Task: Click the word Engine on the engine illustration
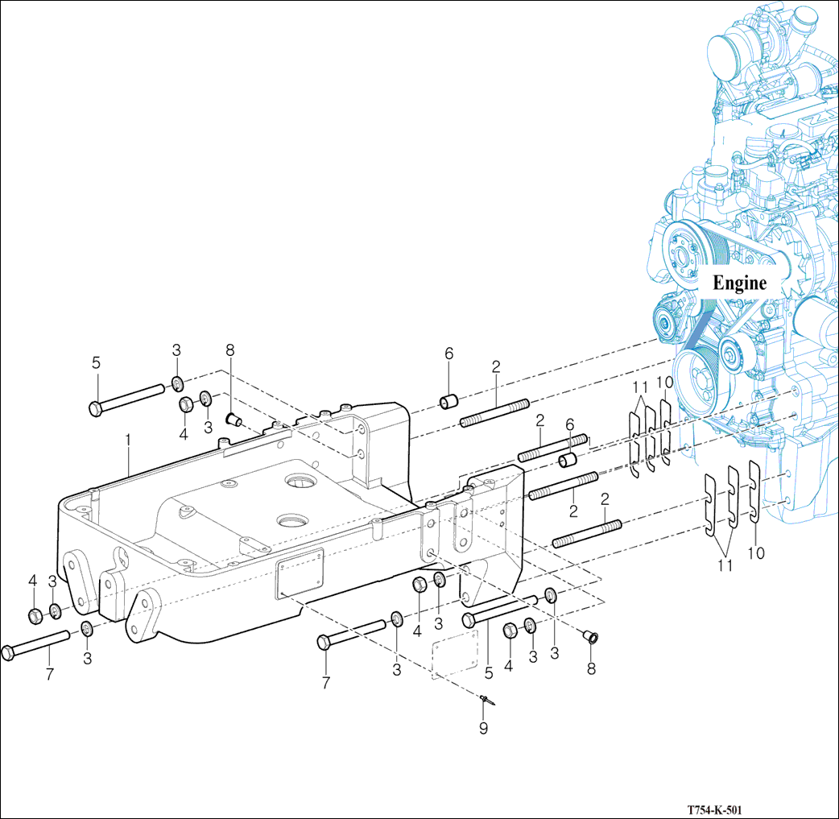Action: click(739, 283)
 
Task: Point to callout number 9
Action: click(484, 729)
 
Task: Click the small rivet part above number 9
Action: click(485, 701)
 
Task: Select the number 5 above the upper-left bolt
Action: click(96, 362)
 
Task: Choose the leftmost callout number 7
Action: click(49, 674)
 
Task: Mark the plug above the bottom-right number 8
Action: click(592, 638)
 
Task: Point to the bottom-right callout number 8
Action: click(591, 668)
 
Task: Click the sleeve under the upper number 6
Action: click(448, 400)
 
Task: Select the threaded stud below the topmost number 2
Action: click(494, 412)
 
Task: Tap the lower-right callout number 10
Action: click(755, 553)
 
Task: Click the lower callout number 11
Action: click(725, 565)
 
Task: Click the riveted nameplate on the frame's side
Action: click(300, 573)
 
